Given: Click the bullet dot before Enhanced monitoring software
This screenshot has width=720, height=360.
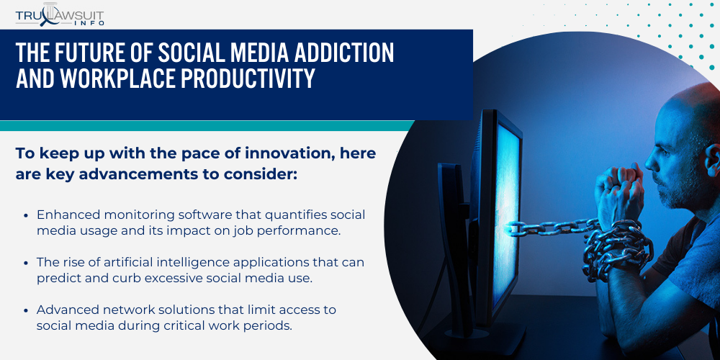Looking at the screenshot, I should tap(27, 215).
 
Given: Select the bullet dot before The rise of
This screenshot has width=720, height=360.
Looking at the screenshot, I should tap(27, 263).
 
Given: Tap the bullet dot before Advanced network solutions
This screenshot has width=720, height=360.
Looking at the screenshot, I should tap(27, 310).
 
